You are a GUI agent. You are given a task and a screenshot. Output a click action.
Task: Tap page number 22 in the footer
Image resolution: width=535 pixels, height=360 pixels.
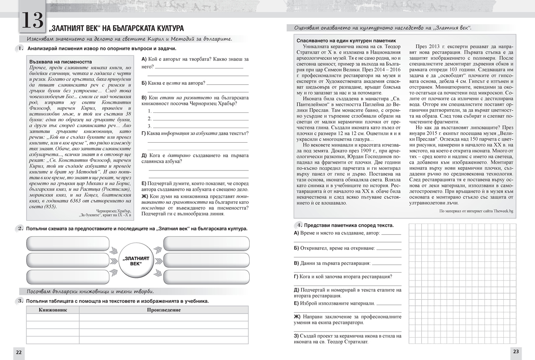(x=19, y=352)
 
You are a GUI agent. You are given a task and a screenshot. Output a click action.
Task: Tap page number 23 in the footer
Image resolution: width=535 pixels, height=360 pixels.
(x=516, y=352)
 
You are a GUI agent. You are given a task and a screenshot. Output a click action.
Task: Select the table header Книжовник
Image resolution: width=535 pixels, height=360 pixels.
(x=53, y=310)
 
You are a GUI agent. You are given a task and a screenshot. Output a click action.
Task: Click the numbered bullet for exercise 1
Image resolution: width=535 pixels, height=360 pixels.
(x=21, y=48)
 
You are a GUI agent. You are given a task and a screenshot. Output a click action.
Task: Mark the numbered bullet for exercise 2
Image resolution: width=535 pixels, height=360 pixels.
(x=21, y=228)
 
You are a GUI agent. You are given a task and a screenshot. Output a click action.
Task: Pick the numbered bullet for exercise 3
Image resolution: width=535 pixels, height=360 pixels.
(x=21, y=301)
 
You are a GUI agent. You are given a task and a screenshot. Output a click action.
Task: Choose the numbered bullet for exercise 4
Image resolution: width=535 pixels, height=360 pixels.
(x=300, y=225)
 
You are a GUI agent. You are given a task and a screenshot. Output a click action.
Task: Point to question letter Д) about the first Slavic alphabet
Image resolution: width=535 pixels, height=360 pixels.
(x=144, y=155)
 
